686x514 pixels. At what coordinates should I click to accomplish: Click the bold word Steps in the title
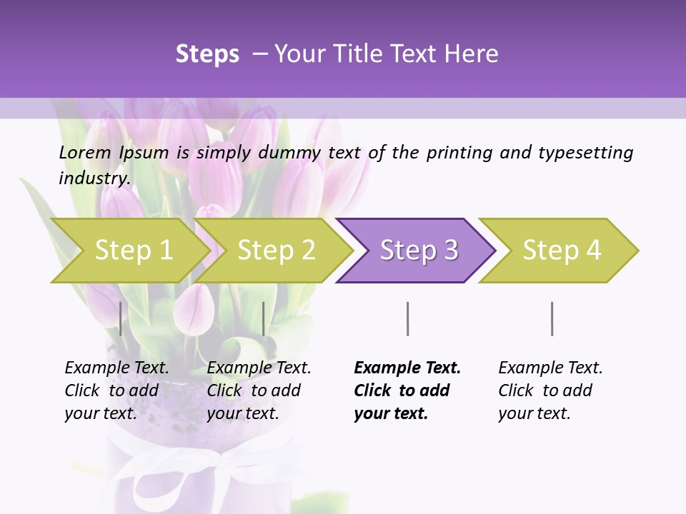(x=207, y=54)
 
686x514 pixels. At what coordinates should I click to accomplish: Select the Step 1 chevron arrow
(x=129, y=251)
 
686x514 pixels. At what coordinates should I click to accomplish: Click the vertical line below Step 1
(x=121, y=318)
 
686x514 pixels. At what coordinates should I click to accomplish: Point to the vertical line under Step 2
(x=264, y=318)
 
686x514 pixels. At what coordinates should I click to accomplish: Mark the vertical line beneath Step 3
(x=407, y=318)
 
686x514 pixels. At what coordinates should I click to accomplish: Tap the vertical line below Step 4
(x=552, y=318)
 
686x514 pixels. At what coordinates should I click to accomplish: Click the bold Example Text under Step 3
(x=407, y=368)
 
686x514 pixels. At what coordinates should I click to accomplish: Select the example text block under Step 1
(x=116, y=390)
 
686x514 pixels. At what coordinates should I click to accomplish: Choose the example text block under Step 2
(x=259, y=390)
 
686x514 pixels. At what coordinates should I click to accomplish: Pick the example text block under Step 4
(x=550, y=390)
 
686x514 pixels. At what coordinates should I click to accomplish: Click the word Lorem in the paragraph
(x=85, y=153)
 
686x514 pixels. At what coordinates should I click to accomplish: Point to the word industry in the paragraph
(x=94, y=178)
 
